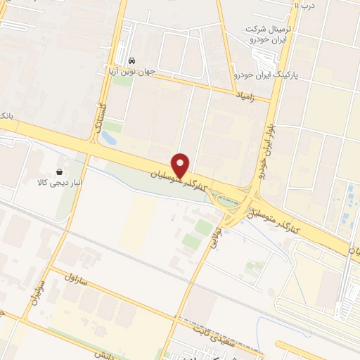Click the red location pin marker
pos(181,165)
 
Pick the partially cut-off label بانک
pos(6,114)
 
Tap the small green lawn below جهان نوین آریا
pos(122,81)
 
